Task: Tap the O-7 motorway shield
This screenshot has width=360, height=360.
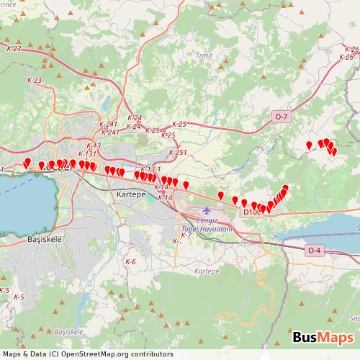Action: click(x=280, y=116)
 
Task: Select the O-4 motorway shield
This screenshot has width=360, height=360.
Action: click(x=314, y=250)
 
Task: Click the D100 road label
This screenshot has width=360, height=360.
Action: click(x=251, y=212)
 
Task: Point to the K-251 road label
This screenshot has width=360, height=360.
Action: click(x=177, y=153)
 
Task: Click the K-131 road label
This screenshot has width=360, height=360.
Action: click(x=87, y=153)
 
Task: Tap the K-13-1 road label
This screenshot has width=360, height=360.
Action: click(x=150, y=168)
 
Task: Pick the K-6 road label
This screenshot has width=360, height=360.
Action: click(x=130, y=261)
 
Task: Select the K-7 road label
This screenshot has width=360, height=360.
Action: click(x=186, y=235)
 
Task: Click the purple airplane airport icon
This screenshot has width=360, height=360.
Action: click(x=208, y=210)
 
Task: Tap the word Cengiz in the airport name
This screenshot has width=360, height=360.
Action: click(x=208, y=220)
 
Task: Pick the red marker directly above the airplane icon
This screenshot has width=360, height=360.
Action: click(x=220, y=194)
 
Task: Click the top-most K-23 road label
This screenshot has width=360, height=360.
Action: click(x=14, y=48)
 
